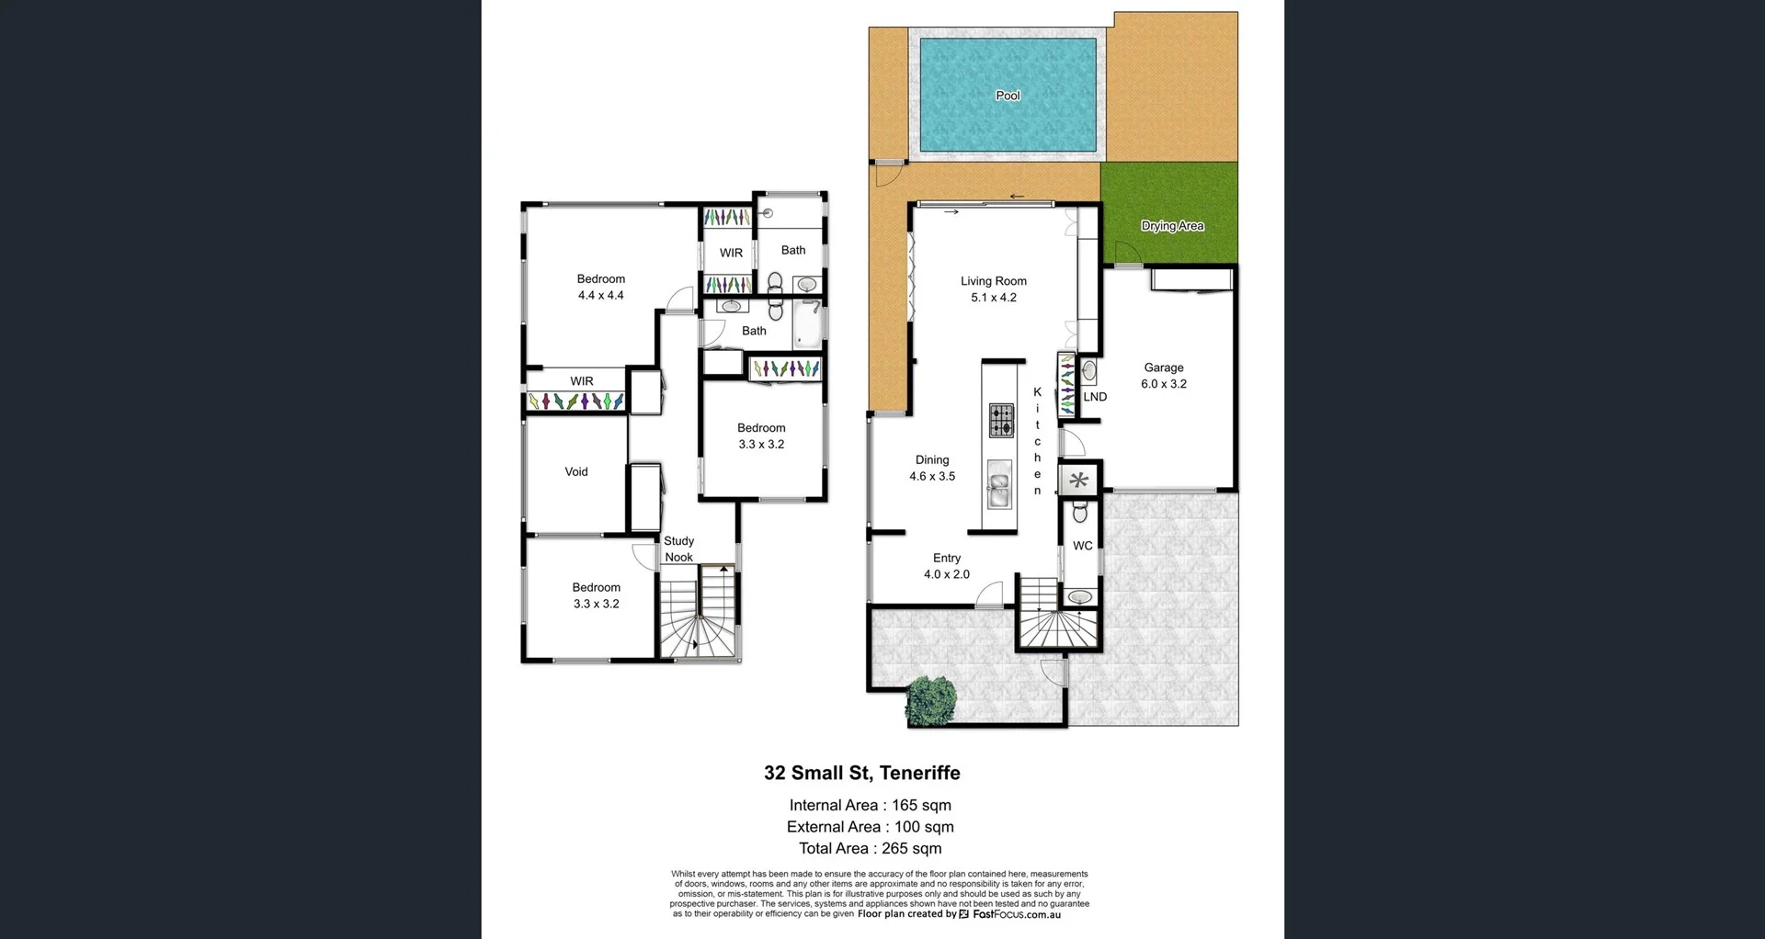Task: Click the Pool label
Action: click(x=1008, y=96)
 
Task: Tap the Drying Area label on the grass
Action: click(x=1172, y=226)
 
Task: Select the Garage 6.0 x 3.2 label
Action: click(x=1164, y=376)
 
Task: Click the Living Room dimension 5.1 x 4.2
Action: click(x=994, y=298)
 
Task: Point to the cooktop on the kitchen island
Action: click(x=1001, y=420)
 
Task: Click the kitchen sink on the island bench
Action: click(x=999, y=483)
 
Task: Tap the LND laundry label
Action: click(x=1095, y=397)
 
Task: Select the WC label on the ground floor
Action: click(x=1083, y=546)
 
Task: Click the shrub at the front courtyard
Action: click(x=930, y=699)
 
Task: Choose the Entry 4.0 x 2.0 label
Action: click(x=947, y=566)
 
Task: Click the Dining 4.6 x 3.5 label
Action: click(x=932, y=468)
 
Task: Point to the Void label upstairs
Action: click(x=576, y=472)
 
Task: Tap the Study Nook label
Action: click(x=679, y=549)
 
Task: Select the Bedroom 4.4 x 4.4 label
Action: click(x=601, y=287)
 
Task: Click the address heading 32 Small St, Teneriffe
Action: click(x=861, y=774)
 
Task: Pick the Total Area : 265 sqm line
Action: click(x=870, y=849)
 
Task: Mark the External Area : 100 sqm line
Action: click(x=870, y=827)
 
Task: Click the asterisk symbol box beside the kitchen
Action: click(x=1079, y=480)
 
